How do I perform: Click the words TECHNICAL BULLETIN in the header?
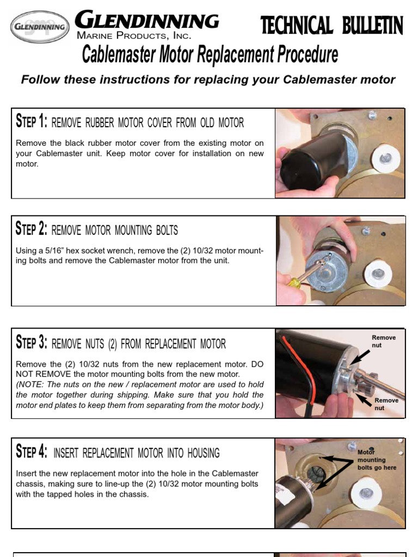[331, 26]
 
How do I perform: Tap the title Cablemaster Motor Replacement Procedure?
[210, 55]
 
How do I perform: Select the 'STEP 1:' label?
[32, 122]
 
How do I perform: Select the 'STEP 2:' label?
[32, 230]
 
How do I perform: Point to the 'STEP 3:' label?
[32, 343]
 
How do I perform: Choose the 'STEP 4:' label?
[32, 452]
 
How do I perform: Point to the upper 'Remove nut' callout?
[383, 341]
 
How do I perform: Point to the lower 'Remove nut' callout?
[386, 404]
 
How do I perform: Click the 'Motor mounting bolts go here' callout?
[377, 460]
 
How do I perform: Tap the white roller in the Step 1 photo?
[386, 158]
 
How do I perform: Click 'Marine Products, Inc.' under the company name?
[134, 36]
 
